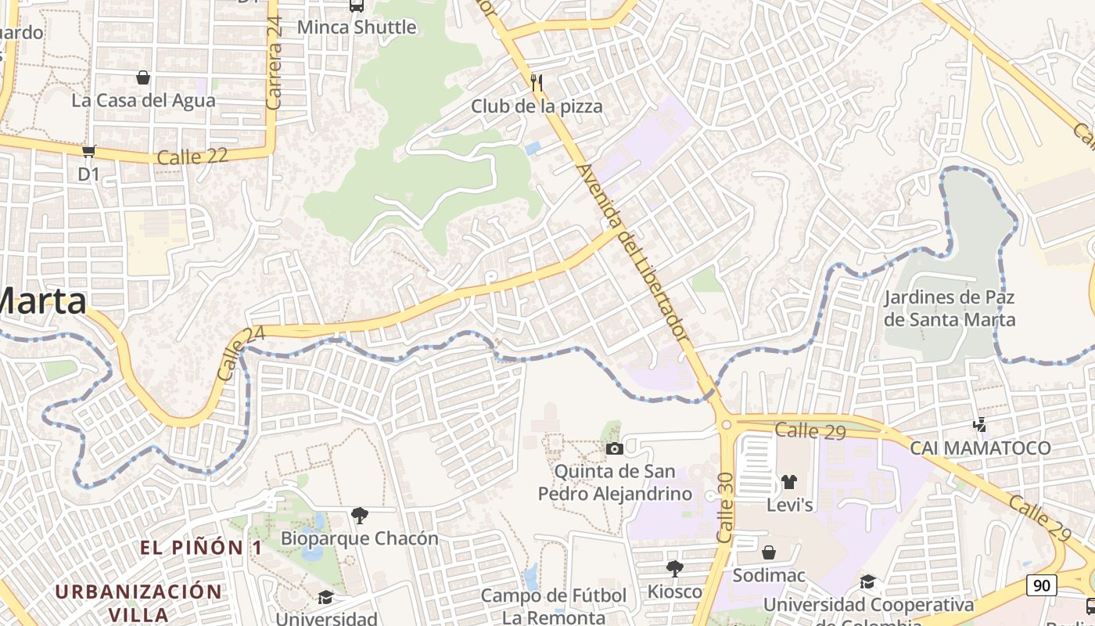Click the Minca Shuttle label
pyautogui.click(x=357, y=27)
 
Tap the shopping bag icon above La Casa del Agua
pyautogui.click(x=143, y=77)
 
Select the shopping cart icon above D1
pyautogui.click(x=88, y=150)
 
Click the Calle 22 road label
pyautogui.click(x=192, y=156)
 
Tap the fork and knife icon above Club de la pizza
pyautogui.click(x=537, y=81)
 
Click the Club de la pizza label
pyautogui.click(x=537, y=106)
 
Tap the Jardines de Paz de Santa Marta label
pyautogui.click(x=950, y=308)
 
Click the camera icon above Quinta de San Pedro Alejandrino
pyautogui.click(x=615, y=448)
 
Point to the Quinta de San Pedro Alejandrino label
pyautogui.click(x=615, y=482)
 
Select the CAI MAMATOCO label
pyautogui.click(x=980, y=448)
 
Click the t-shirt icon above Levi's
pyautogui.click(x=788, y=482)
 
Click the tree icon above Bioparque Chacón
pyautogui.click(x=360, y=515)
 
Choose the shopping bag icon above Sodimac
pyautogui.click(x=769, y=553)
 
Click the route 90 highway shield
pyautogui.click(x=1043, y=585)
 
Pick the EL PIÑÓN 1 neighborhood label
pyautogui.click(x=201, y=548)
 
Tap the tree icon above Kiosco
pyautogui.click(x=675, y=569)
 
